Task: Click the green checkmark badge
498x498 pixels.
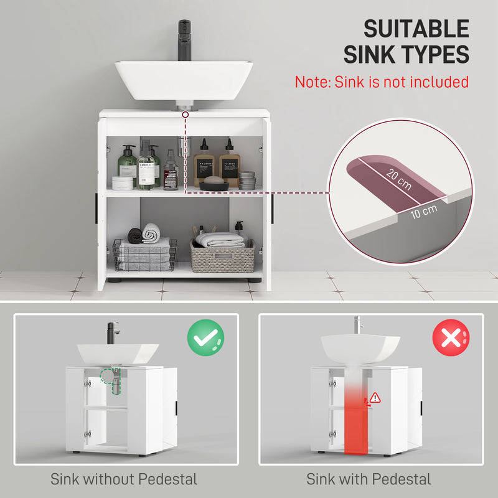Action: [205, 337]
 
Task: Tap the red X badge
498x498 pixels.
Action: [451, 337]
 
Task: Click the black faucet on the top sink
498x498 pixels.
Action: [185, 39]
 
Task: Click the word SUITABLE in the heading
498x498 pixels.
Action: [416, 29]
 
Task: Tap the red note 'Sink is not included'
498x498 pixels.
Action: [382, 82]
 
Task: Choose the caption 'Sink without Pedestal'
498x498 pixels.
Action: [124, 479]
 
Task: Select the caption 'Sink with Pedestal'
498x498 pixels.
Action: [369, 479]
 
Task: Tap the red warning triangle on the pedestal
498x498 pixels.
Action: [375, 397]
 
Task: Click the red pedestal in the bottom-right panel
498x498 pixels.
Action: [357, 411]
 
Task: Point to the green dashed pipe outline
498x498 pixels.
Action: [110, 380]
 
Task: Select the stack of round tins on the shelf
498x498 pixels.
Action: [247, 181]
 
